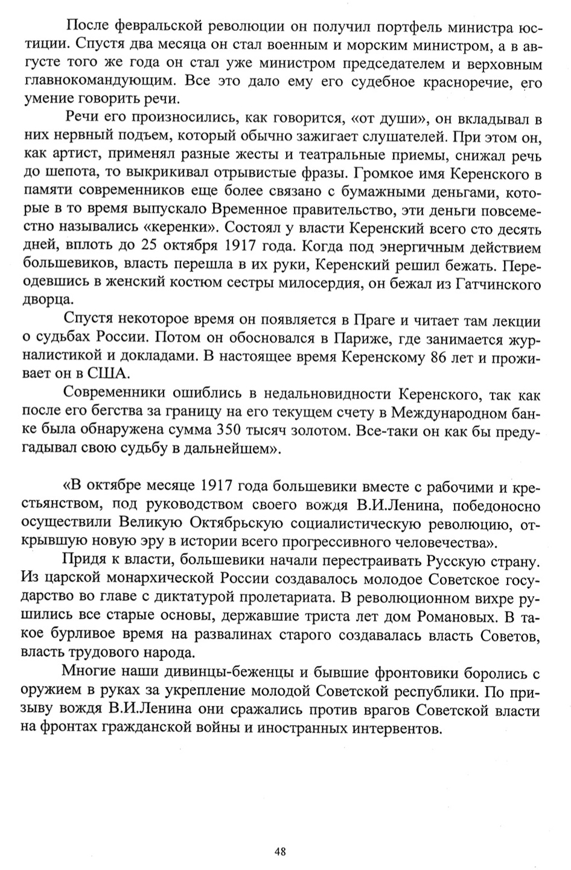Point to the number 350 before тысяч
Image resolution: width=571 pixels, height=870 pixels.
pos(226,433)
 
